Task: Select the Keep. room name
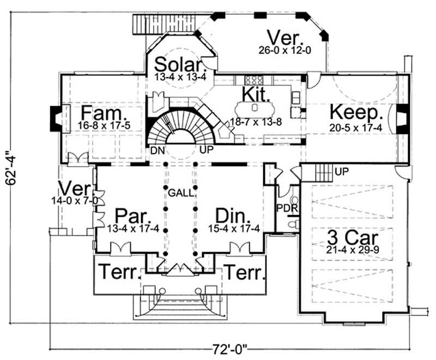(x=356, y=113)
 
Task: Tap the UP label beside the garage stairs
(x=342, y=171)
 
